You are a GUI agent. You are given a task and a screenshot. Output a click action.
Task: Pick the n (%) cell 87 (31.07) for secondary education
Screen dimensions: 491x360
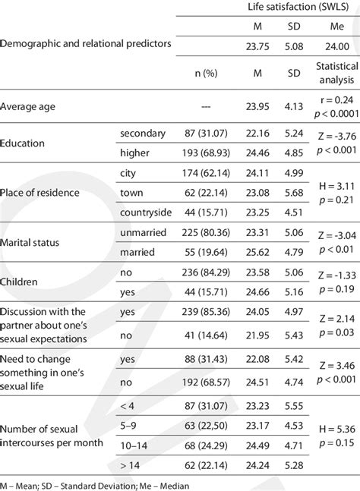pos(197,134)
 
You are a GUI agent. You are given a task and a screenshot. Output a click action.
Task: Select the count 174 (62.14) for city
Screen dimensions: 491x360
pos(197,173)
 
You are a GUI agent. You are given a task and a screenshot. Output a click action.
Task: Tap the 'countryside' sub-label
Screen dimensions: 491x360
pos(147,212)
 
